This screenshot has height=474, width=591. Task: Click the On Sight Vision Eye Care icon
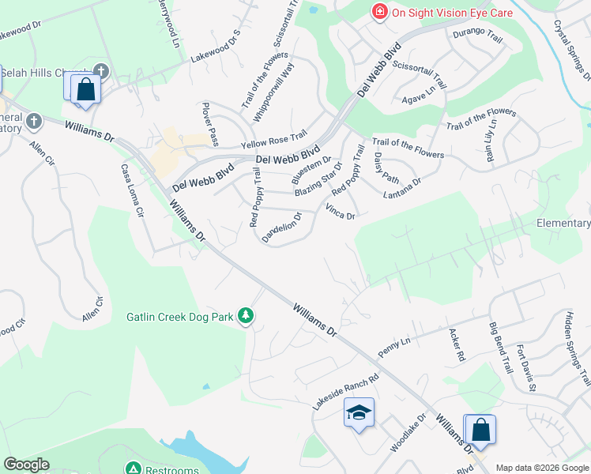pos(380,12)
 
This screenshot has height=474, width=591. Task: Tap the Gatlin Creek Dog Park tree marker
pos(246,317)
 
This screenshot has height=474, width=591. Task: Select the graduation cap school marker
pos(359,413)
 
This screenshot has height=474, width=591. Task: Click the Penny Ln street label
pos(396,347)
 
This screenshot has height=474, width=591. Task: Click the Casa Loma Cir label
pos(131,190)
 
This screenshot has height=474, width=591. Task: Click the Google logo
pos(26,465)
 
